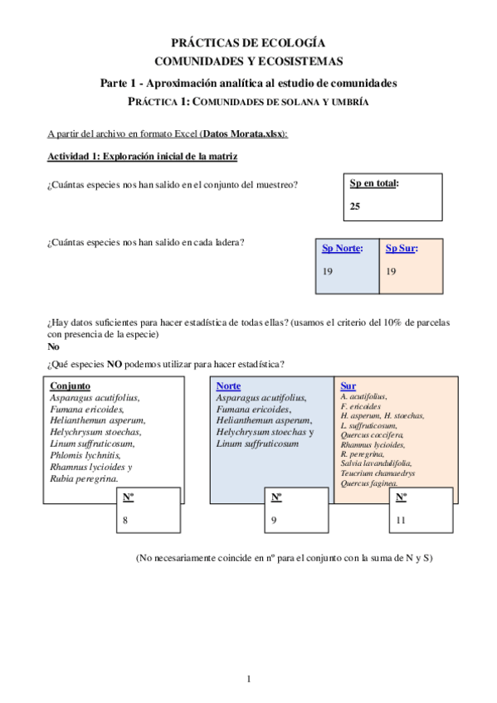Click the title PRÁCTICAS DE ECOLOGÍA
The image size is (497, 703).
pos(248,42)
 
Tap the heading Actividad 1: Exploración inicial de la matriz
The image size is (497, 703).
pos(144,158)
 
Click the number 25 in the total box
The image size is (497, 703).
pos(355,207)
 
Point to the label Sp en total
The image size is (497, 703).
pos(373,183)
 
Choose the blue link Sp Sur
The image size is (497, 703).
pos(402,248)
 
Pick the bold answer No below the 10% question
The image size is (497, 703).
pos(53,347)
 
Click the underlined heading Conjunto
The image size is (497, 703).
pos(70,385)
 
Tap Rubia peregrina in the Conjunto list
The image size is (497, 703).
pos(84,478)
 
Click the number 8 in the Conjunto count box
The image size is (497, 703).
pos(125,521)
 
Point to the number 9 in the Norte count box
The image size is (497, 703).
pos(274,521)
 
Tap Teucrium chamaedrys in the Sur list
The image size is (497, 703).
pos(378,473)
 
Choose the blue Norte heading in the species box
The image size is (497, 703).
pos(228,386)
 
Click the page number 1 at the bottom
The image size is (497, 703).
pos(248,680)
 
